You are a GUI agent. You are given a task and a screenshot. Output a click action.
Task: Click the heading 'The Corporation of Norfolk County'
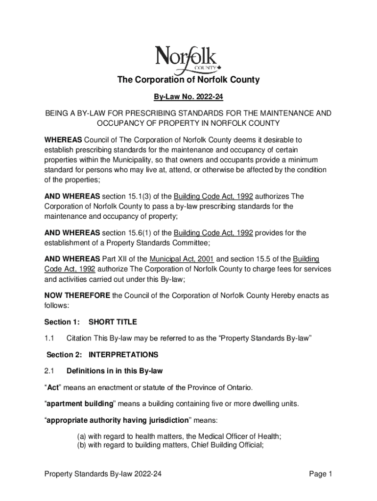pos(188,80)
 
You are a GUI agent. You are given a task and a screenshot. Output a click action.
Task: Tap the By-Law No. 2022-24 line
pos(188,97)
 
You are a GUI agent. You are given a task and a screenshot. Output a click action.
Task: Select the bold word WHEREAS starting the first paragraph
pos(61,140)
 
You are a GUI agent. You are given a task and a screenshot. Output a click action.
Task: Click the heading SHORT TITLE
pos(113,322)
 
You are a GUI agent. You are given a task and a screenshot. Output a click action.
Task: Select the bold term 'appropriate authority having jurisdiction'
pos(117,420)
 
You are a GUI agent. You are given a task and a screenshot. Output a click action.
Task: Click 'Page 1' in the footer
pos(321,474)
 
